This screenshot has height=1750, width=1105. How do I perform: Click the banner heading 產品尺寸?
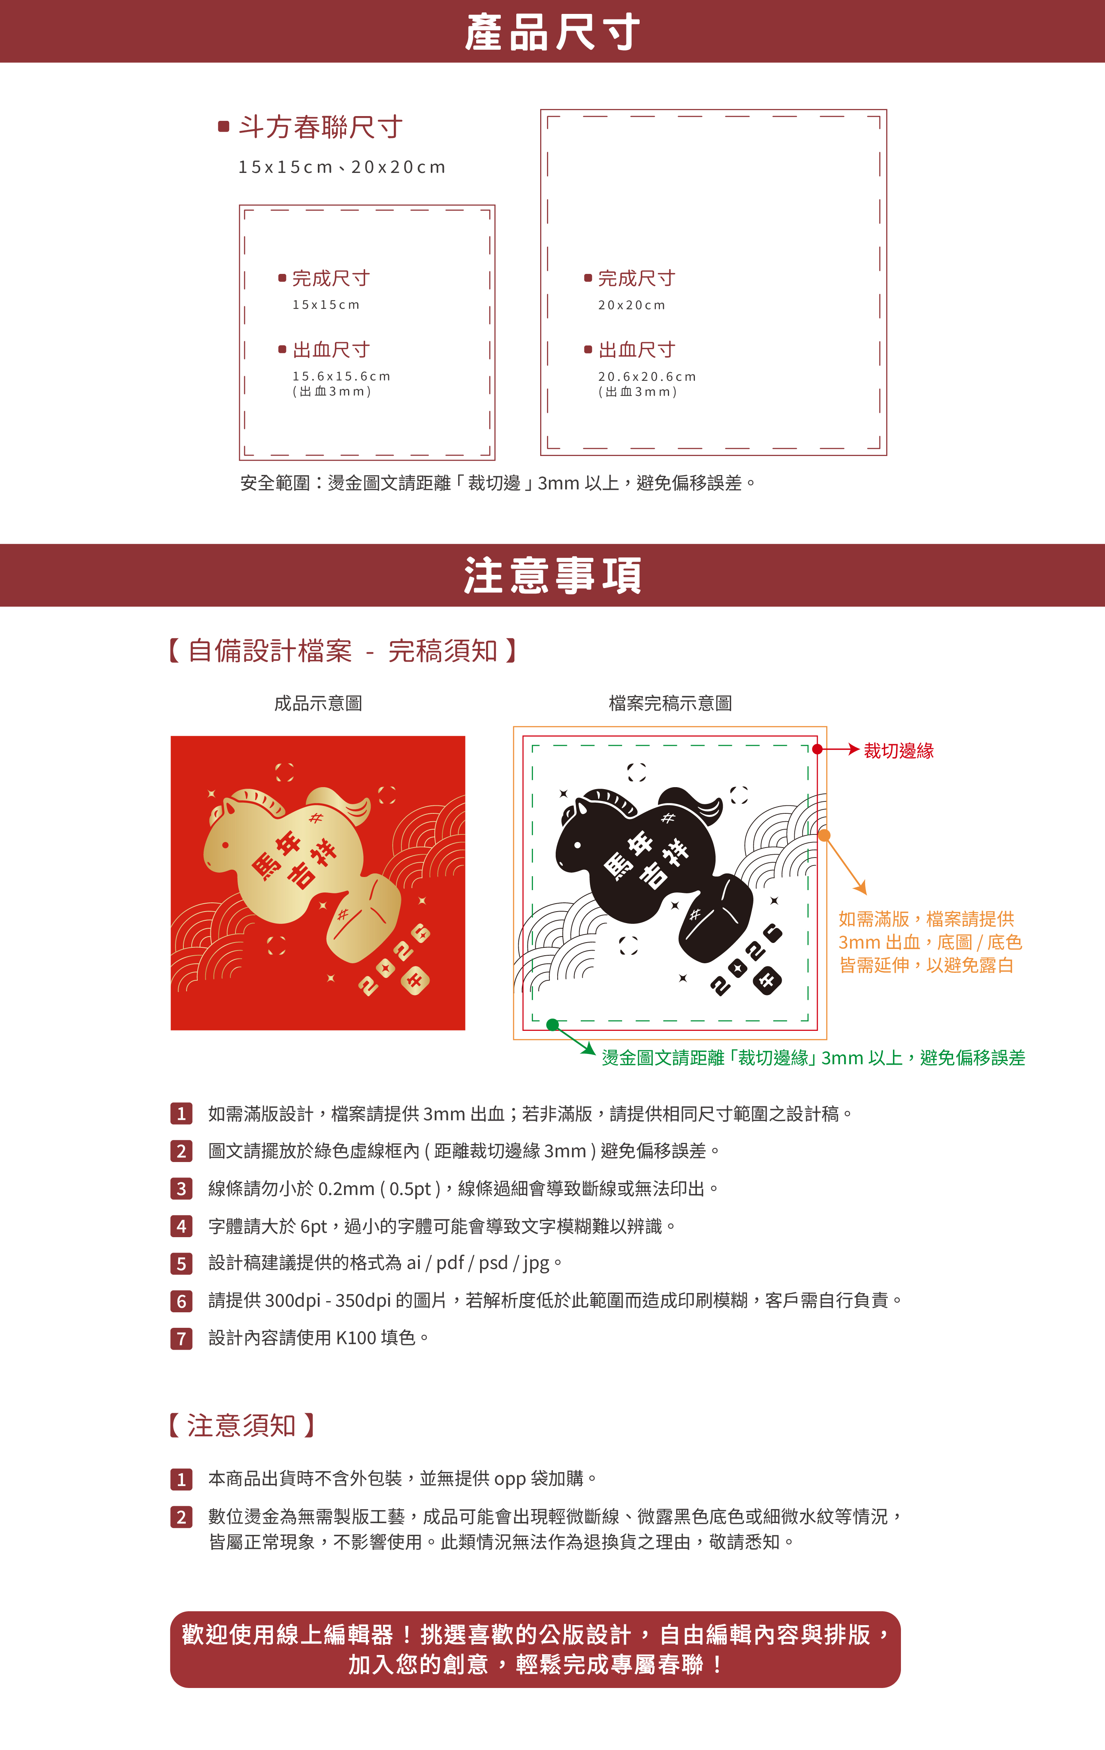tap(552, 33)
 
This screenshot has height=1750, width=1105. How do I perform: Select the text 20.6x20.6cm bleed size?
tap(647, 376)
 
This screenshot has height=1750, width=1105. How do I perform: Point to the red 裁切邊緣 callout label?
tap(899, 751)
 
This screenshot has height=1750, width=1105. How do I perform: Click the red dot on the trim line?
tap(817, 749)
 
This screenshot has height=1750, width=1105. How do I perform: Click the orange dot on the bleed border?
tap(825, 836)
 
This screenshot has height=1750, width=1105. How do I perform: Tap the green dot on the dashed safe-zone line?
tap(552, 1025)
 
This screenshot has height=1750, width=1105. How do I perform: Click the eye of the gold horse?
tap(226, 845)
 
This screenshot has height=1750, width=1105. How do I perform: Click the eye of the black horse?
tap(578, 845)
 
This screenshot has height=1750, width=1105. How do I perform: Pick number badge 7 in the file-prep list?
tap(181, 1338)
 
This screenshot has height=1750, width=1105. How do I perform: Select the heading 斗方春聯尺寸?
tap(321, 127)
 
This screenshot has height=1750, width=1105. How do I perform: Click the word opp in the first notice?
tap(510, 1480)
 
